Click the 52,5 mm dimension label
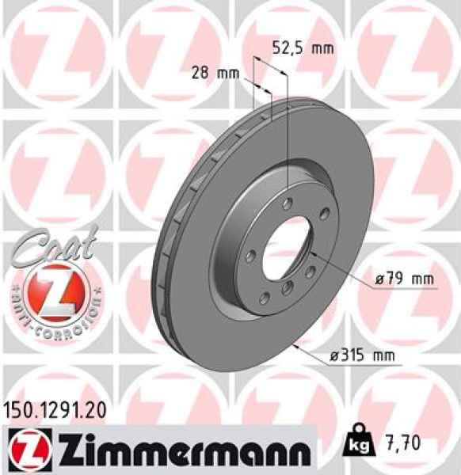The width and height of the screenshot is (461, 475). click(x=303, y=47)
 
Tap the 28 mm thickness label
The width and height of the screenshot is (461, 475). click(x=215, y=73)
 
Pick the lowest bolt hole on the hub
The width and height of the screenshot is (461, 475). click(x=288, y=287)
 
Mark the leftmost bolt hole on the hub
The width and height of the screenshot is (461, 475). click(x=248, y=255)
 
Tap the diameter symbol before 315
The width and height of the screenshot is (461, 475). click(x=335, y=356)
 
